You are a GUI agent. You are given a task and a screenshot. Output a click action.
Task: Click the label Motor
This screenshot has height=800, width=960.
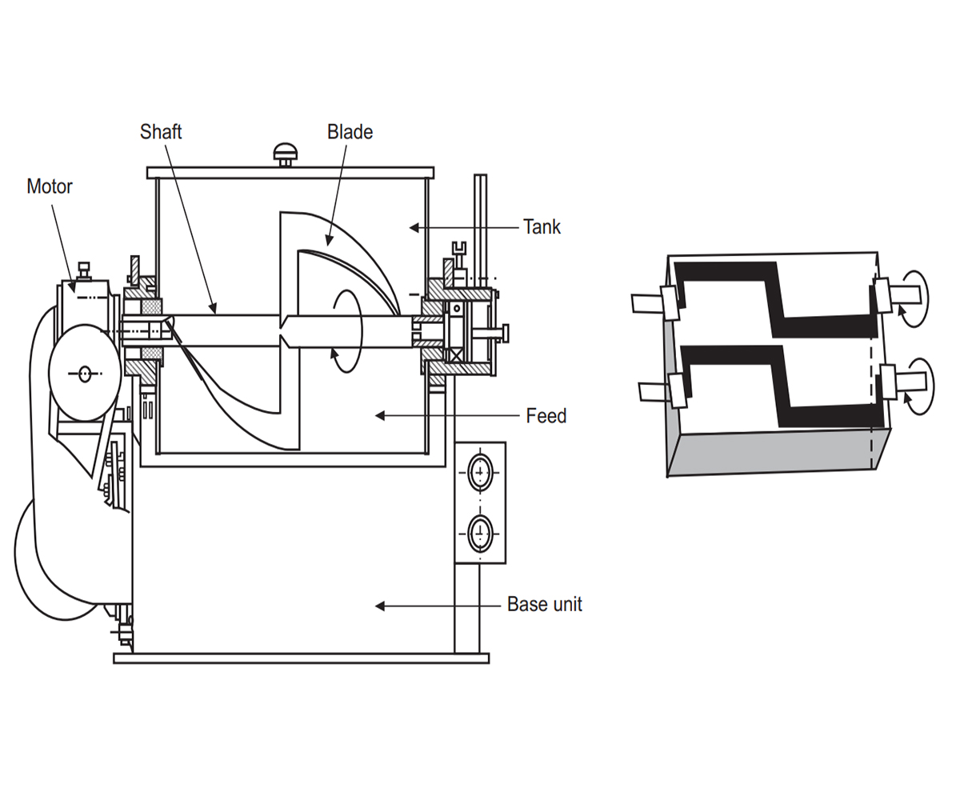[50, 186]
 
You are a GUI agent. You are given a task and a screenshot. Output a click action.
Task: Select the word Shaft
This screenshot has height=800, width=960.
[161, 132]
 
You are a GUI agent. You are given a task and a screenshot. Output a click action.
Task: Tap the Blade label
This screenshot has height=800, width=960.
[350, 132]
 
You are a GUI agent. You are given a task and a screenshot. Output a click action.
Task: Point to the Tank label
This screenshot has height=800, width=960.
[542, 227]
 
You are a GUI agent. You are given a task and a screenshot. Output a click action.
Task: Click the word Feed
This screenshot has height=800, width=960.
[546, 416]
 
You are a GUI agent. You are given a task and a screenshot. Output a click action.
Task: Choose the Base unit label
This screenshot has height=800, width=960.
[544, 605]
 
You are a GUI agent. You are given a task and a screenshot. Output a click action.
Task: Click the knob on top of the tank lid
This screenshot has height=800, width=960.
[285, 152]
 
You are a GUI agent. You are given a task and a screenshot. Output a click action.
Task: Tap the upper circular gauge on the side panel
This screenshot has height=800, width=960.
[480, 472]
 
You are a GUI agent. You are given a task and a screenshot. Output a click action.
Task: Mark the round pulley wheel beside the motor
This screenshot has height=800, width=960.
[85, 372]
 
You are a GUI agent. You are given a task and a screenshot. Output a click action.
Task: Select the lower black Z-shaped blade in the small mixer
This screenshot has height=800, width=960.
[780, 384]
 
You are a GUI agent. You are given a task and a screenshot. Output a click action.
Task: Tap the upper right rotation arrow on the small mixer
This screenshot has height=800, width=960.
[914, 298]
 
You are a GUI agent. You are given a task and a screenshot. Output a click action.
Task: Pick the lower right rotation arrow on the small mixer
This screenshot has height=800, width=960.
[914, 386]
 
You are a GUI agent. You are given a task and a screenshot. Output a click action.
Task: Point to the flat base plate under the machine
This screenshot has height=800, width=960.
[300, 658]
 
